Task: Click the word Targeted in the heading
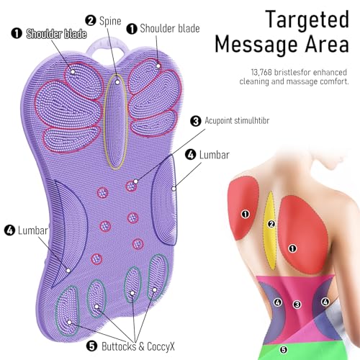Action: tap(307, 19)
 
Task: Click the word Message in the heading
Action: tap(257, 45)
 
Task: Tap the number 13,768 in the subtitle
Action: tap(261, 73)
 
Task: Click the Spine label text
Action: tap(110, 21)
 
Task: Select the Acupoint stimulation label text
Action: tap(237, 120)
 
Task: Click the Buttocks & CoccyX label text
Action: tap(138, 346)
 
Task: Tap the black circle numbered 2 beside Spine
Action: tap(91, 20)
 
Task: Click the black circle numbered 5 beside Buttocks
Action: tap(91, 346)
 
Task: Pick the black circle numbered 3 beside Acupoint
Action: tap(196, 121)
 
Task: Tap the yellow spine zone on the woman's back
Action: tap(270, 230)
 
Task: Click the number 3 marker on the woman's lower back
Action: tap(297, 305)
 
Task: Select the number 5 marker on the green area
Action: tap(284, 350)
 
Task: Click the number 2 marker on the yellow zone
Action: tap(271, 224)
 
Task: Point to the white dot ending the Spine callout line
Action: tap(117, 82)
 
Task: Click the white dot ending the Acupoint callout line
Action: tap(135, 181)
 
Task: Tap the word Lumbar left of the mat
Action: tap(33, 230)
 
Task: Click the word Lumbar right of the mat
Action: tap(215, 155)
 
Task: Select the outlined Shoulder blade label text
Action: tap(56, 34)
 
